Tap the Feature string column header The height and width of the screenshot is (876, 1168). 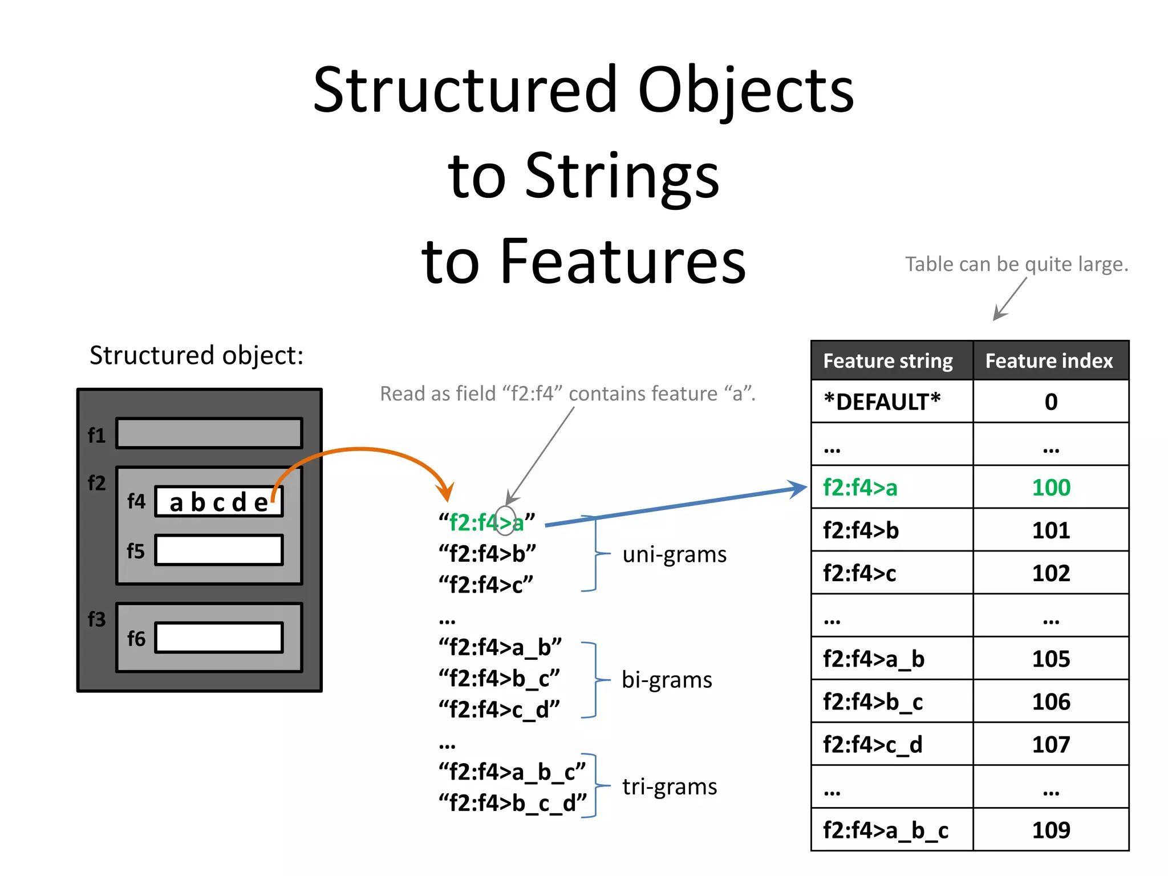[888, 361]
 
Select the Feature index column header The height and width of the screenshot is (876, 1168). [1049, 361]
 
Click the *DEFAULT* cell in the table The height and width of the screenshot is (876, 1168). [882, 402]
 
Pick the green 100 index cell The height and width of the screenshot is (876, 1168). [1051, 488]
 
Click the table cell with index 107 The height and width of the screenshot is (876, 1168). [1051, 744]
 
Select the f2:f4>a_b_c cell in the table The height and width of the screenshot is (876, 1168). [886, 830]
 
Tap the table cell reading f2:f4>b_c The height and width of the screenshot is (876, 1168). [873, 702]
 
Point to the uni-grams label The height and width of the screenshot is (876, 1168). [674, 554]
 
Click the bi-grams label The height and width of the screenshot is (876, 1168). [667, 680]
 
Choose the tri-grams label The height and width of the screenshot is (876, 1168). [670, 786]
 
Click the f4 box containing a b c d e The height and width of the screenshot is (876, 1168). [219, 502]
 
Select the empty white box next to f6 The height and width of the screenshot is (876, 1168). [219, 638]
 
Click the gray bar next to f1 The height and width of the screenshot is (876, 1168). [209, 433]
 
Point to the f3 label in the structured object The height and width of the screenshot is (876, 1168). [96, 619]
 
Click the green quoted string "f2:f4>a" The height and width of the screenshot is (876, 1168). [486, 522]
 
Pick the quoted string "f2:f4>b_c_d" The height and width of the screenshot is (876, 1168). [512, 803]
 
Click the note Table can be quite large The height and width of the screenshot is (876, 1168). [1016, 265]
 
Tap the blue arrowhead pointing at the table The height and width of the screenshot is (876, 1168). [798, 488]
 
